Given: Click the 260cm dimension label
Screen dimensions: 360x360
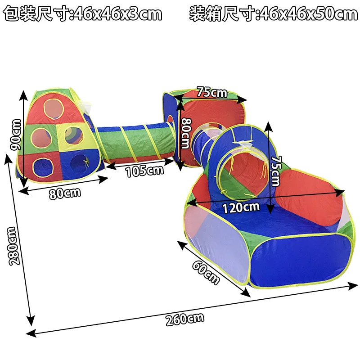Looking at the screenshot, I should click(x=184, y=319).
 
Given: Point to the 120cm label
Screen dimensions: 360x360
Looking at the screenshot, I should click(x=241, y=207).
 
